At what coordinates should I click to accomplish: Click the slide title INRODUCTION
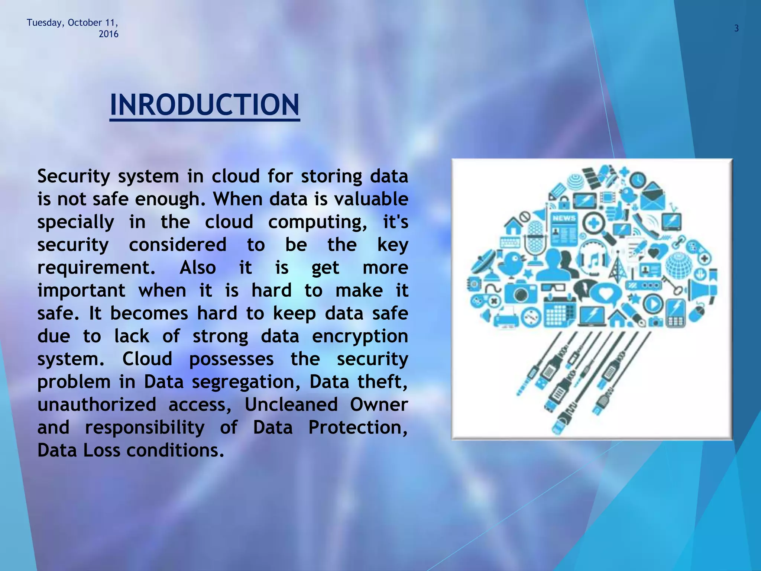pyautogui.click(x=204, y=105)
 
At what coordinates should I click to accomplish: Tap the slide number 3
pyautogui.click(x=736, y=28)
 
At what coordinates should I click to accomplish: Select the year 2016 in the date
pyautogui.click(x=108, y=34)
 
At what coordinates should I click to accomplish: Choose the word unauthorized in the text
pyautogui.click(x=97, y=404)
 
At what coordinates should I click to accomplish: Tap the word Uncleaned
pyautogui.click(x=291, y=404)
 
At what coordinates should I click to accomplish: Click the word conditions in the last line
pyautogui.click(x=175, y=450)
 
